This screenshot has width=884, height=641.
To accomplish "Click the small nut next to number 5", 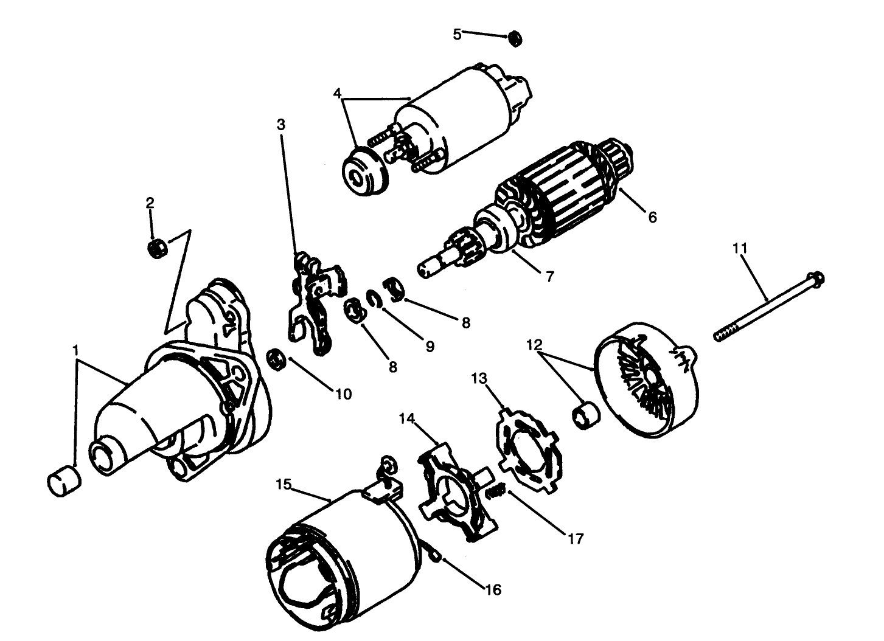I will coord(515,39).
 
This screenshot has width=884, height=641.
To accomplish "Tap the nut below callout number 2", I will coord(158,248).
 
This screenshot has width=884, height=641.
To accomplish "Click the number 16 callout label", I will coord(493,589).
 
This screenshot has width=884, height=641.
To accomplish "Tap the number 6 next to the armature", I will coord(652,216).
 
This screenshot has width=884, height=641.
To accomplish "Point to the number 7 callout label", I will coord(549,276).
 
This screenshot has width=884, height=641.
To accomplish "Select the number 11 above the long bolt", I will coord(740,248).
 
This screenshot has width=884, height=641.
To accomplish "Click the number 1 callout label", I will coord(75,350).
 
